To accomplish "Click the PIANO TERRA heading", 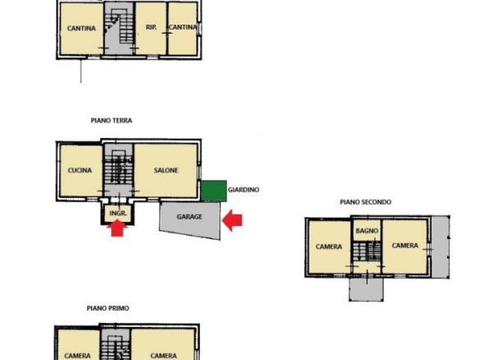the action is click(112, 121).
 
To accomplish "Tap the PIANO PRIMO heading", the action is click(108, 308).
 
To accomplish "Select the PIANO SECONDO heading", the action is click(366, 202).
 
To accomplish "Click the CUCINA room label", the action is click(80, 170).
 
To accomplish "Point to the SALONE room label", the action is click(166, 170).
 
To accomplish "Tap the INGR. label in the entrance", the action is click(118, 214).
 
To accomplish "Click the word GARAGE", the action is click(189, 217).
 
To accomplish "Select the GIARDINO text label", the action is click(243, 190).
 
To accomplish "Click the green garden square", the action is click(214, 191).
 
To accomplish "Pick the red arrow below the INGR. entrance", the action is click(118, 228).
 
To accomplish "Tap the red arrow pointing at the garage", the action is click(232, 220).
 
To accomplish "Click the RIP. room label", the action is click(151, 27).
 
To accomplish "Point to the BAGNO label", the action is click(367, 231).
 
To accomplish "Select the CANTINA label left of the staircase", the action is click(81, 29).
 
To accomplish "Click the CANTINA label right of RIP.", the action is click(182, 27).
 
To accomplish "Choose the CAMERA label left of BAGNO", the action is click(329, 247).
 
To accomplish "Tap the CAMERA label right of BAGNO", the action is click(405, 246).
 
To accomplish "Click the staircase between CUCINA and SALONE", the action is click(118, 170).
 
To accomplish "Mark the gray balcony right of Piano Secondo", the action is click(441, 247).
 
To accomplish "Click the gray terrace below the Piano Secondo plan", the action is click(366, 289).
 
